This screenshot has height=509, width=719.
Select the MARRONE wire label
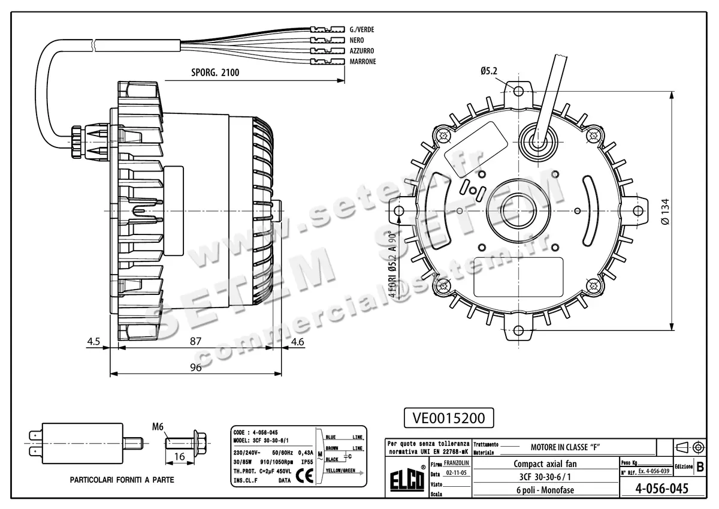[x=362, y=62]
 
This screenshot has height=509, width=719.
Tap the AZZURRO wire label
[x=362, y=51]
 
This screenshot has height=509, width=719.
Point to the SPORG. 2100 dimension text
[x=215, y=73]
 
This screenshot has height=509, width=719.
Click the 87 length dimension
[x=195, y=341]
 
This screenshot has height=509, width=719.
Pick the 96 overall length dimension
[x=195, y=368]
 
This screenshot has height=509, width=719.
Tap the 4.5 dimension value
[x=93, y=341]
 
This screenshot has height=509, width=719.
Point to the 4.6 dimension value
[x=297, y=341]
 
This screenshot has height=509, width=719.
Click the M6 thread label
[x=158, y=427]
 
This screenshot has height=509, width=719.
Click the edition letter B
[x=700, y=466]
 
